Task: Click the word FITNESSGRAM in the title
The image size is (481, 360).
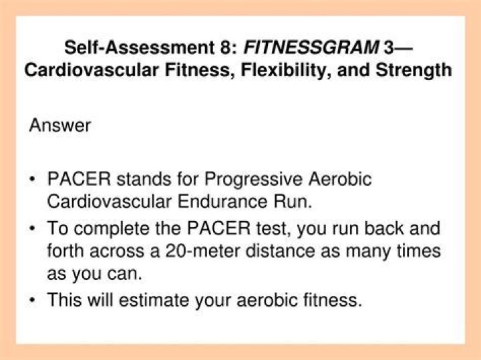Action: pos(285,47)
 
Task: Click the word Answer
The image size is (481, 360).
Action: pos(60,126)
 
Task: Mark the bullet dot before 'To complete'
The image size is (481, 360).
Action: pos(33,229)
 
